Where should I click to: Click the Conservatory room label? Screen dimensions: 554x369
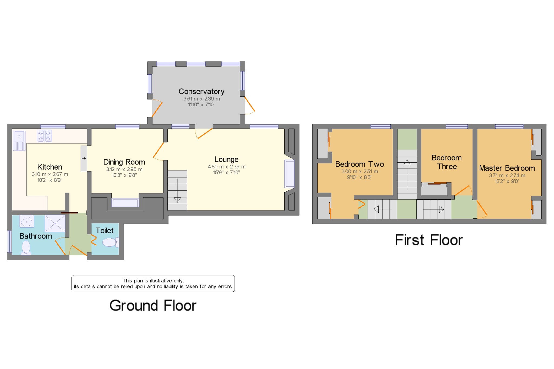pos(202,92)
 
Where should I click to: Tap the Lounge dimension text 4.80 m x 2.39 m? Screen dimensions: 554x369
pos(227,167)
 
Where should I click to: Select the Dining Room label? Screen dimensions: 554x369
pos(124,162)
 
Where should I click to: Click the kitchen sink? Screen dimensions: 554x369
pos(19,141)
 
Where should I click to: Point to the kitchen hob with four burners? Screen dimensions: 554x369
pos(44,136)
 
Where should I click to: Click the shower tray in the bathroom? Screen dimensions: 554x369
pos(55,223)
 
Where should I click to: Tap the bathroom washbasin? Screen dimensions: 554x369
pos(27,222)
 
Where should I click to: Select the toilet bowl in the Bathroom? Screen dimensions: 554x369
pos(26,248)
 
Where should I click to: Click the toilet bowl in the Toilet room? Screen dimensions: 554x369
pos(110,242)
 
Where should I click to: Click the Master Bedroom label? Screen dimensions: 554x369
pos(507,168)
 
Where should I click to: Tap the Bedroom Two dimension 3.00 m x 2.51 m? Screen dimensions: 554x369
pos(360,172)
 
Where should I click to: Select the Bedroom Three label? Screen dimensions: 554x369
pos(447,162)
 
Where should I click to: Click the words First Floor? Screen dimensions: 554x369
pos(429,240)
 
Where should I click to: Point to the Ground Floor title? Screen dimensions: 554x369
pos(153,306)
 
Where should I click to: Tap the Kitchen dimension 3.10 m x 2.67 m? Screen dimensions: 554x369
pos(50,174)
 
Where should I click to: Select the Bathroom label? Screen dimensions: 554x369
pos(36,236)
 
